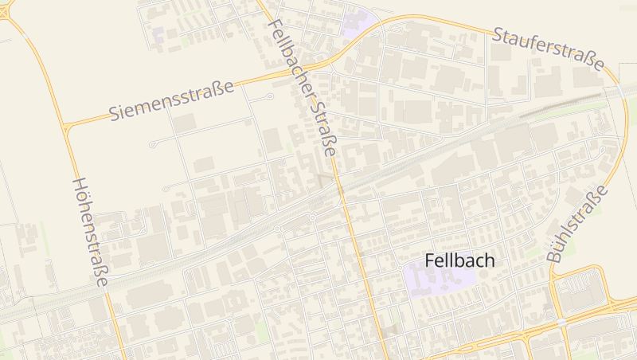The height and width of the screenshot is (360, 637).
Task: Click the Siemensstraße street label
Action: [171, 100]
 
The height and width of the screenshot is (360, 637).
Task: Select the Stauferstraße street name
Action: [548, 48]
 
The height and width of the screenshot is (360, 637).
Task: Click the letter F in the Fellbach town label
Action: [430, 260]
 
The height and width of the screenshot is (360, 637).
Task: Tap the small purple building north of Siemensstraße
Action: [158, 35]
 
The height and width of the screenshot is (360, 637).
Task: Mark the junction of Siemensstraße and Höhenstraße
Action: [64, 126]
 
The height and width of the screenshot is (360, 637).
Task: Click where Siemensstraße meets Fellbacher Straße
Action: [307, 70]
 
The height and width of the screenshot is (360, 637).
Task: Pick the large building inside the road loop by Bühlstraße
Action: [579, 292]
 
